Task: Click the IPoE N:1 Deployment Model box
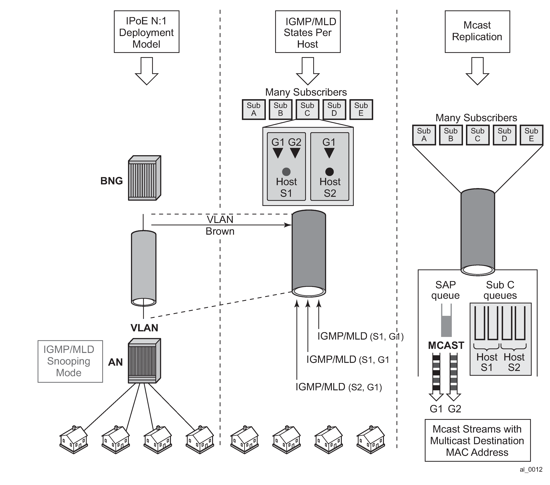click(x=146, y=32)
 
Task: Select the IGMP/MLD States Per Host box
click(x=308, y=32)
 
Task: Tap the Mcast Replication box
click(x=477, y=32)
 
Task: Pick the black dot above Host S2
click(x=329, y=171)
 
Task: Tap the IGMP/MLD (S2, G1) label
click(x=339, y=387)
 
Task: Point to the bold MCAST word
click(x=446, y=345)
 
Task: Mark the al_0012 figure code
click(x=531, y=469)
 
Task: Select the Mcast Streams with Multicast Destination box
click(x=477, y=440)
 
